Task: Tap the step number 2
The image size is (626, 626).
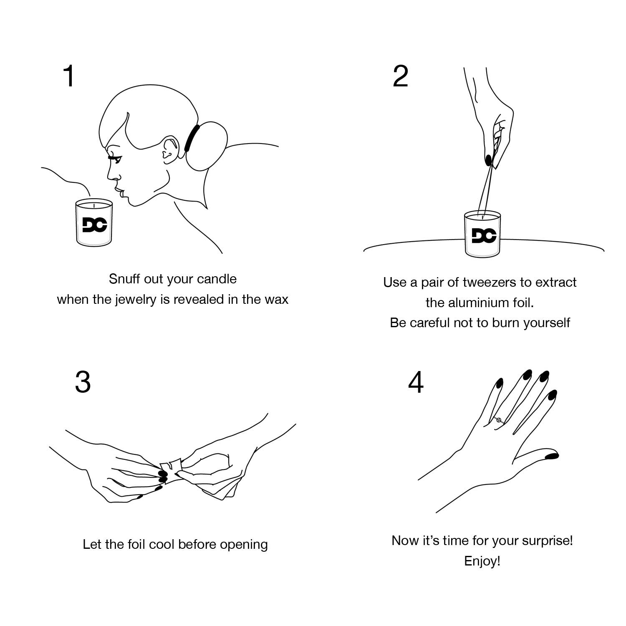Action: click(x=400, y=76)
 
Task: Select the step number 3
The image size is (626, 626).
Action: click(x=83, y=382)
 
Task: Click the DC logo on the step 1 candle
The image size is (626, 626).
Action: click(x=95, y=225)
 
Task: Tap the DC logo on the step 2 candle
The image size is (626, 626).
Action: click(x=484, y=236)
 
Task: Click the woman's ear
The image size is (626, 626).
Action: click(x=169, y=149)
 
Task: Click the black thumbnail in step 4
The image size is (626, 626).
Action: click(x=552, y=456)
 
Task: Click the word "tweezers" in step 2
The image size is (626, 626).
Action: click(x=490, y=283)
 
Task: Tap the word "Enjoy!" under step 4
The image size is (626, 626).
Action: click(x=482, y=561)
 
